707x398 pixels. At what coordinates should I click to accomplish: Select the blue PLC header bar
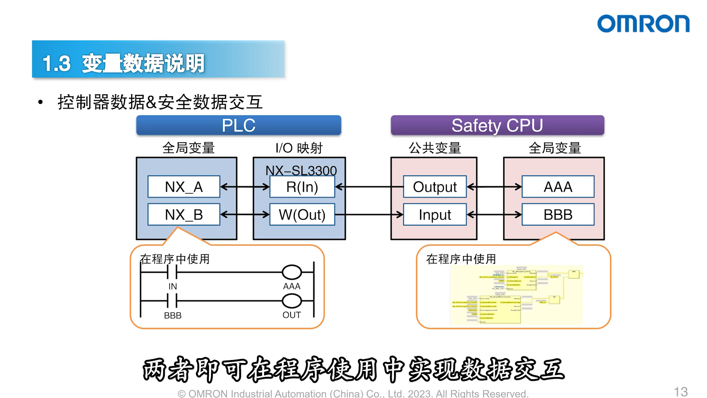coord(239,125)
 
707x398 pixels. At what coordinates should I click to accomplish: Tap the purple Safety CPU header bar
coord(497,125)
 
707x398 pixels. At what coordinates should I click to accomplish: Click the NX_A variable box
coord(184,187)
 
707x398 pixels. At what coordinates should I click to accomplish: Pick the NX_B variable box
coord(184,214)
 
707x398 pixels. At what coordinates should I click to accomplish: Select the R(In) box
coord(302,187)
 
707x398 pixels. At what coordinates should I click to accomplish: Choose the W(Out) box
coord(302,214)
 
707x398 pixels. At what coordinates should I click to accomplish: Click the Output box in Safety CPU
coord(435,187)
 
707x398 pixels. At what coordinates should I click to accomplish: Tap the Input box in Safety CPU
coord(435,214)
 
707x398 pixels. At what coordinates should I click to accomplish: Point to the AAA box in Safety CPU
coord(558,187)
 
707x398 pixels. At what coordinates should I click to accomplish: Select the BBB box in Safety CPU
coord(558,214)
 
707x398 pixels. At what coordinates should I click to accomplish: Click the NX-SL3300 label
coord(301,170)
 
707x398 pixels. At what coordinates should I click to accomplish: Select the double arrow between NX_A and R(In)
coord(245,187)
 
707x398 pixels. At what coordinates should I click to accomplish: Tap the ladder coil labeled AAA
coord(292,272)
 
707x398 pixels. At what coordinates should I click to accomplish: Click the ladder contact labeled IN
coord(172,272)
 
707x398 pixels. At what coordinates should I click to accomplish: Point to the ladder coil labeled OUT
coord(292,301)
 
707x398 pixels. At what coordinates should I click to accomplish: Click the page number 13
coord(680,391)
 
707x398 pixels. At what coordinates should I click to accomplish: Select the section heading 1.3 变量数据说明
coord(123,63)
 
